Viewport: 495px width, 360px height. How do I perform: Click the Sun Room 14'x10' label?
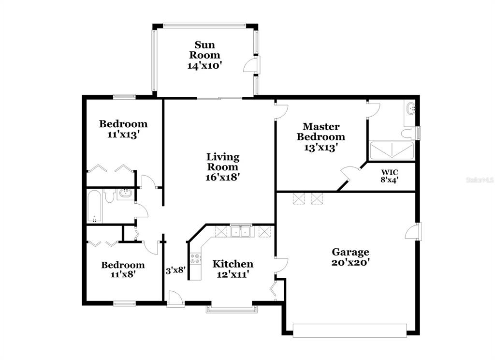click(x=204, y=55)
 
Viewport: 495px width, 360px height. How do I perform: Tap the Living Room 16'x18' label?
click(x=222, y=167)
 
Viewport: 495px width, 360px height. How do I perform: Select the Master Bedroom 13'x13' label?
click(x=321, y=137)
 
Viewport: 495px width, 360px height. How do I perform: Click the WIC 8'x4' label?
click(x=389, y=176)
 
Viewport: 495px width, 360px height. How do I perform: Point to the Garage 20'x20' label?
click(x=350, y=257)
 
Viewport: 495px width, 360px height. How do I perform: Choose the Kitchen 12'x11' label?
click(x=233, y=269)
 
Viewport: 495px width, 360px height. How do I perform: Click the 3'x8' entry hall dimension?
click(x=175, y=270)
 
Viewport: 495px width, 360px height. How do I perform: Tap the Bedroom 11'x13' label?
click(x=123, y=129)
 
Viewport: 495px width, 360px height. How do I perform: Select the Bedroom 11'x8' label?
click(x=123, y=270)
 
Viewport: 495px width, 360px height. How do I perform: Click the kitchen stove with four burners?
click(x=195, y=258)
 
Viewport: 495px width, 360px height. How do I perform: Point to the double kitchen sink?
click(x=241, y=232)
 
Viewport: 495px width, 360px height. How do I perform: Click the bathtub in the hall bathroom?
click(x=94, y=206)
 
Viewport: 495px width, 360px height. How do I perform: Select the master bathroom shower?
click(x=392, y=150)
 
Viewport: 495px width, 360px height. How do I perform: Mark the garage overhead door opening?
click(x=349, y=330)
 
